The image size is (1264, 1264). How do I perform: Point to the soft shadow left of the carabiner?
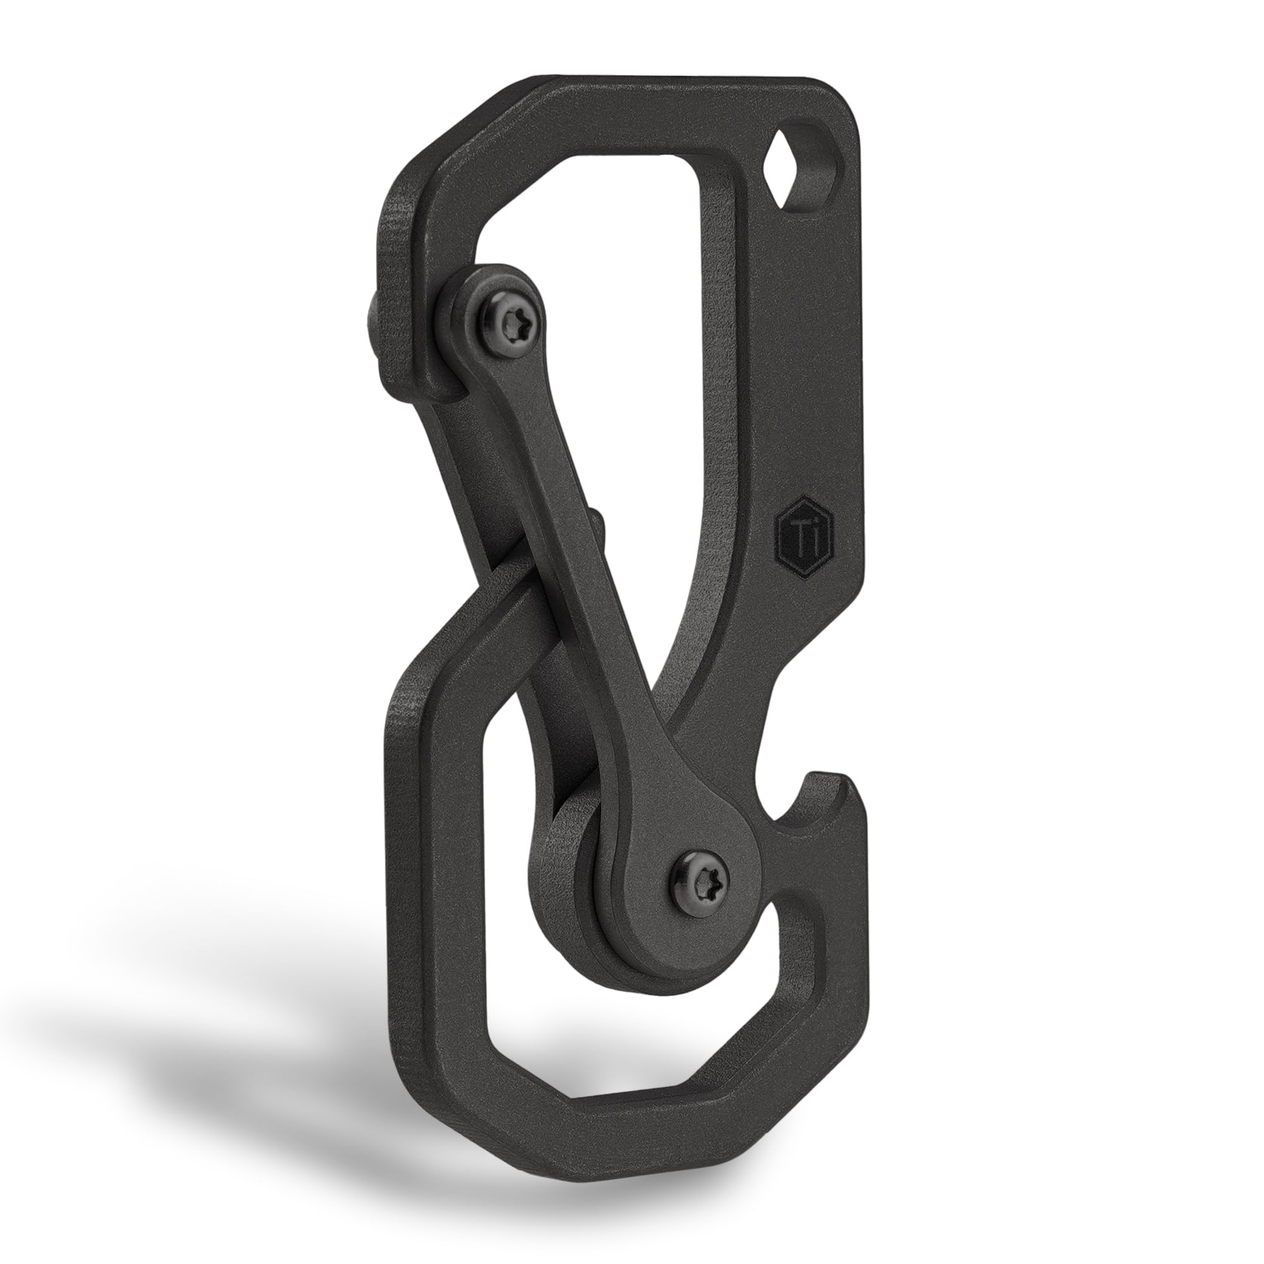point(197,1021)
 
